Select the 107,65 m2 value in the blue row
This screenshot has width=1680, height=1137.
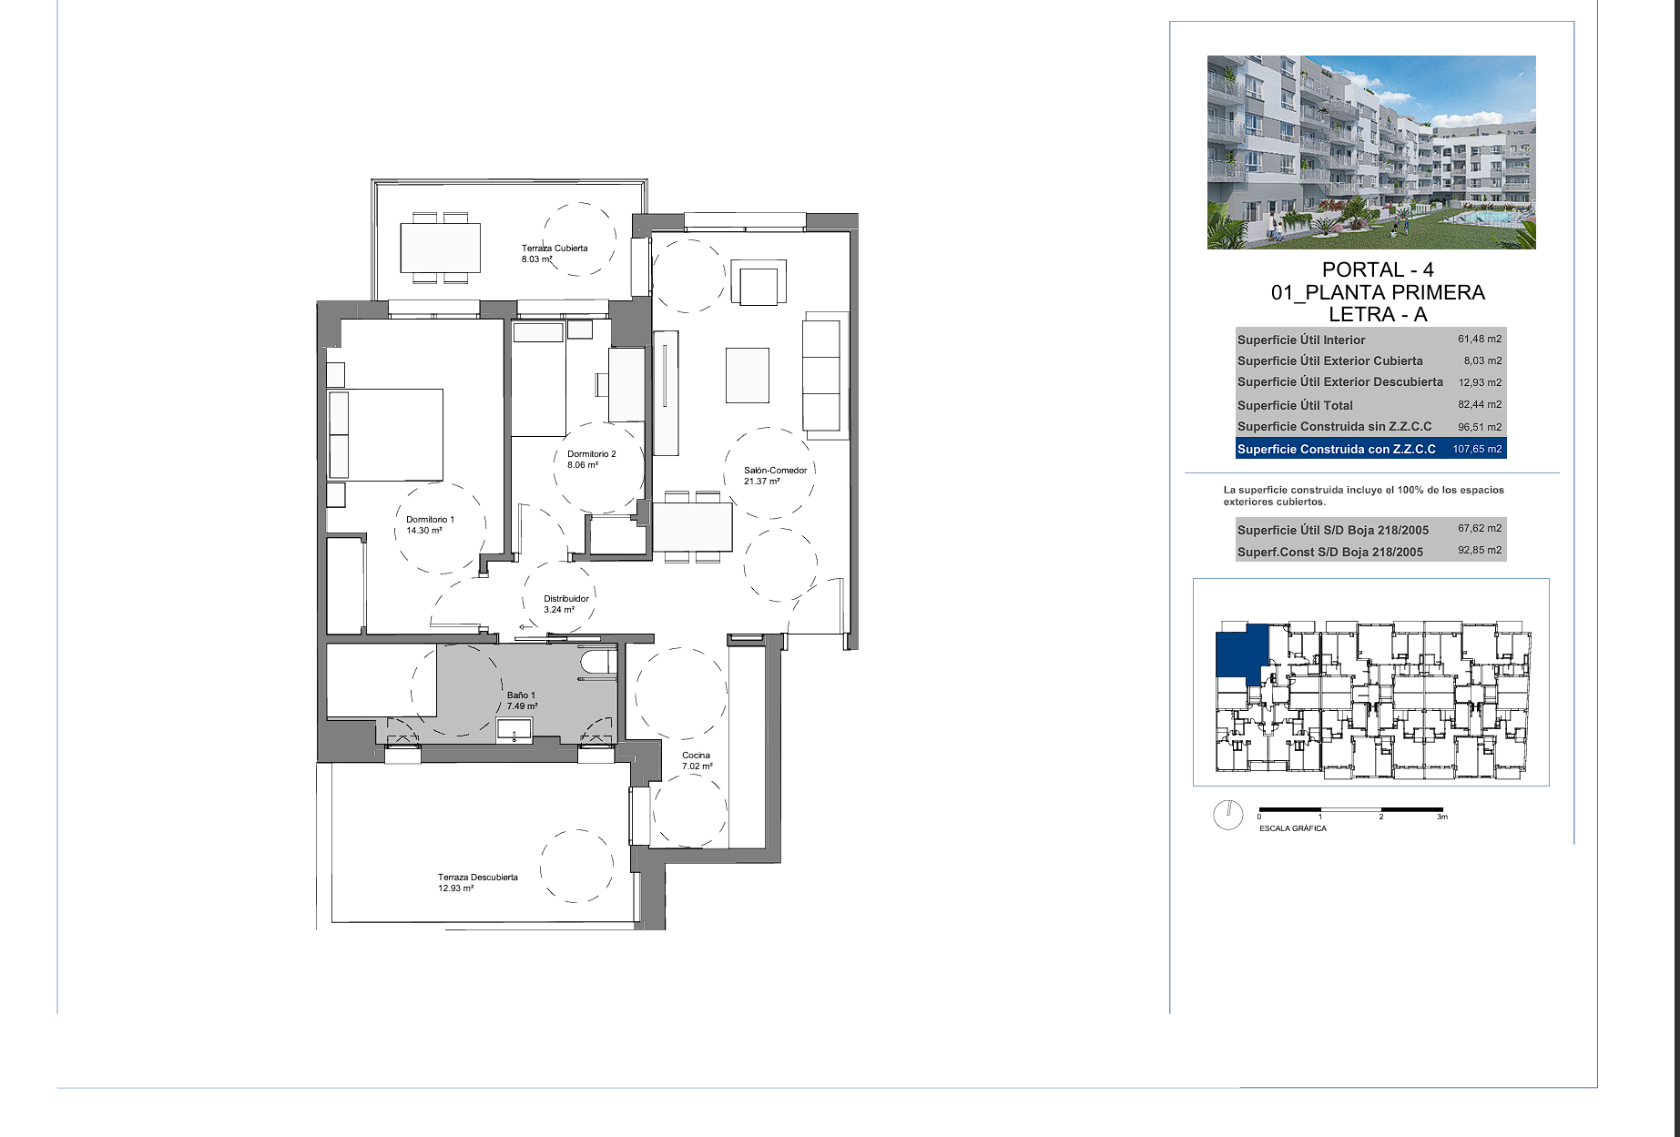(x=1477, y=449)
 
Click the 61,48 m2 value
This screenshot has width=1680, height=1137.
(x=1480, y=339)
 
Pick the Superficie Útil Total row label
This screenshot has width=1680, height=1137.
(x=1295, y=405)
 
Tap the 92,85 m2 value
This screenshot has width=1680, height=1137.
(x=1480, y=550)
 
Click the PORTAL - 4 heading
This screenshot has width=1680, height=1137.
(x=1378, y=269)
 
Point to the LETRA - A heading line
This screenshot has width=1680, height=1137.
(x=1378, y=314)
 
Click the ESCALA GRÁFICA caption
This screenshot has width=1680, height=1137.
(x=1293, y=828)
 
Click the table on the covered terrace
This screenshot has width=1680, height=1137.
(x=441, y=248)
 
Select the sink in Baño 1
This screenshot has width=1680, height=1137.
(x=514, y=730)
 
